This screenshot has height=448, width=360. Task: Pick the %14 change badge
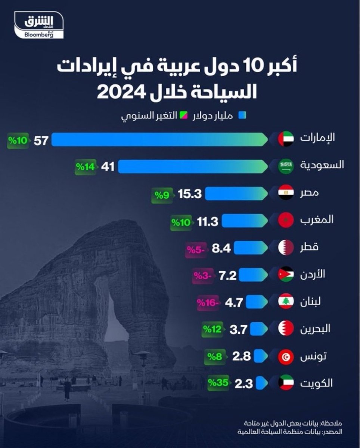(86, 167)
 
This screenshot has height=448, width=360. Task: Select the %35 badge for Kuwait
(219, 383)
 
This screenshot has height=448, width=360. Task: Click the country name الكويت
(319, 383)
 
